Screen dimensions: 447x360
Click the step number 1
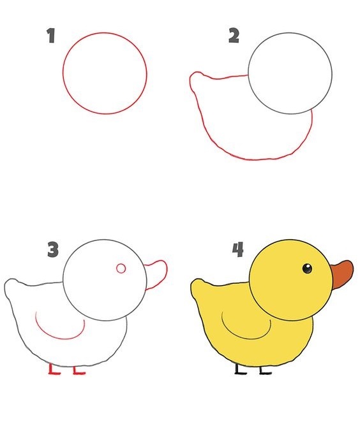pos(50,36)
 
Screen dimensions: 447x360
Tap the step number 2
pos(234,36)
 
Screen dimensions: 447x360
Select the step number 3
pos(52,249)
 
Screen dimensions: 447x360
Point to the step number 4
pos(237,249)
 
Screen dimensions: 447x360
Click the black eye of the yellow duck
pos(307,268)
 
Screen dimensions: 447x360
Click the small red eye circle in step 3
pos(121,268)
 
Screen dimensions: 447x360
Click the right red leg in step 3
pos(77,370)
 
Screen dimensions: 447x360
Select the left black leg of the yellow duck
pos(239,370)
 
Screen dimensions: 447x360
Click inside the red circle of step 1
pos(105,73)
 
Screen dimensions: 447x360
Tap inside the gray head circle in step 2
pos(290,73)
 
